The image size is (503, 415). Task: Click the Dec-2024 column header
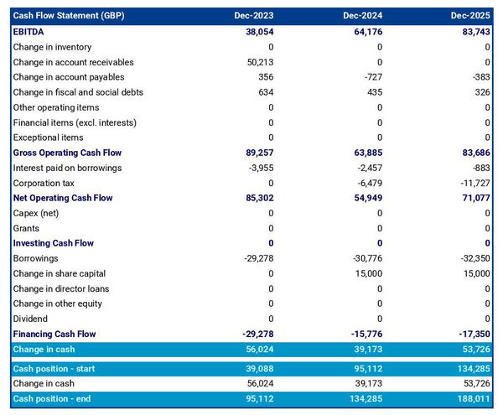click(362, 16)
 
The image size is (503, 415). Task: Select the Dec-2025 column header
click(470, 16)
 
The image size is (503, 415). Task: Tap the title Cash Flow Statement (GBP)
click(69, 16)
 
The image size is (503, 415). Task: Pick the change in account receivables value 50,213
click(257, 62)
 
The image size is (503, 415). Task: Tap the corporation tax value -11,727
click(474, 183)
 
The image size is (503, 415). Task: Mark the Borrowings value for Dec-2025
click(474, 258)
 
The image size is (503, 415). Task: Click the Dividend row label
click(30, 319)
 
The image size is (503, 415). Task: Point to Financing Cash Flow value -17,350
click(474, 334)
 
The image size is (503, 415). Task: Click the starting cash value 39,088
click(257, 368)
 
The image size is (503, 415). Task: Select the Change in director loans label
click(60, 288)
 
